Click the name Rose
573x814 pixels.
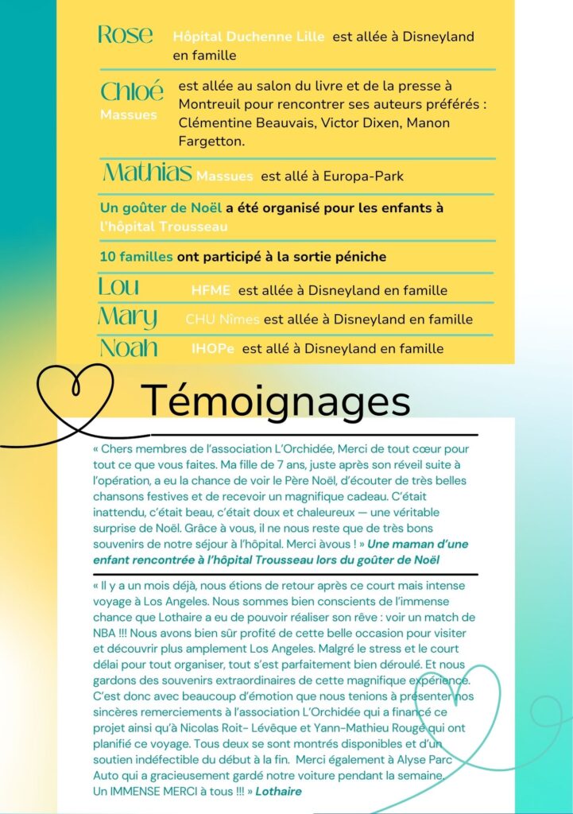[125, 35]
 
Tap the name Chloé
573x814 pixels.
[132, 91]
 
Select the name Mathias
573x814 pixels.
[148, 172]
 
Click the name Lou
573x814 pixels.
[118, 287]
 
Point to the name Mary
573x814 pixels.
[127, 318]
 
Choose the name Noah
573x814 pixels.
[128, 348]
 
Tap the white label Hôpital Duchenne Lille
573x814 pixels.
[249, 37]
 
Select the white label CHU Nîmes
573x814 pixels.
[222, 320]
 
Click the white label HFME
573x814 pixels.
[211, 291]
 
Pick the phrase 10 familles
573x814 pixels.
[136, 257]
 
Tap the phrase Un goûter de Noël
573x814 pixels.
[161, 208]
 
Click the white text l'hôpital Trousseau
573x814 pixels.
[164, 227]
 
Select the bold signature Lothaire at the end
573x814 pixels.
[278, 792]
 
